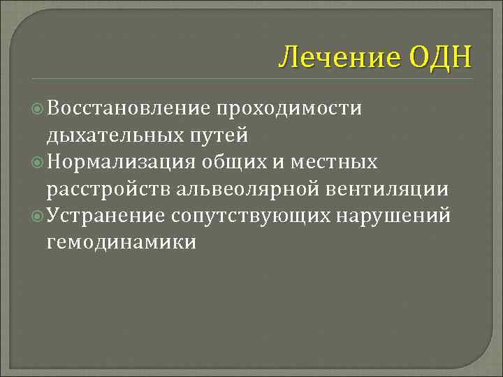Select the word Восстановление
pyautogui.click(x=129, y=108)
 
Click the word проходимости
pyautogui.click(x=289, y=108)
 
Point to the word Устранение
pyautogui.click(x=105, y=215)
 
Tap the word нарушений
pyautogui.click(x=394, y=215)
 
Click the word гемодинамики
pyautogui.click(x=121, y=242)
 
